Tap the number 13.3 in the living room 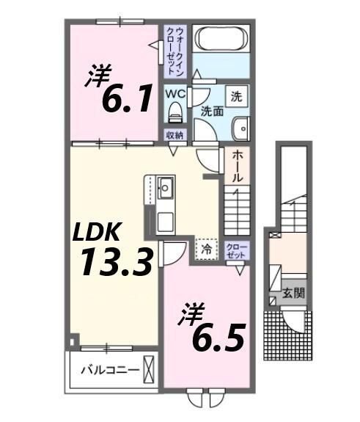point(117,262)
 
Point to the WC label point(175,95)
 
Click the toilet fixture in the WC point(175,113)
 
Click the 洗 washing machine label point(237,95)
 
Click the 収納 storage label point(174,135)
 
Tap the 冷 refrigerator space point(207,250)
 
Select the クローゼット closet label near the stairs point(236,250)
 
